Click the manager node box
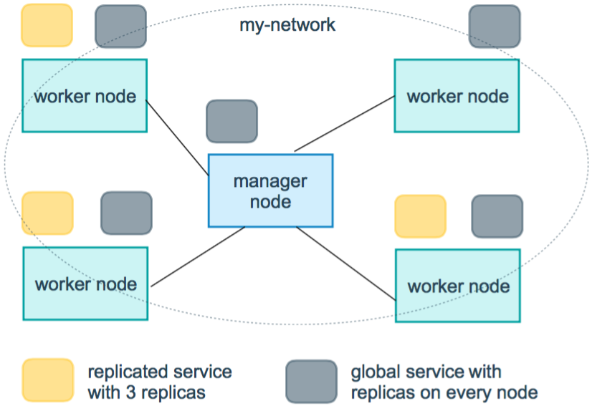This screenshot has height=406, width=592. (270, 190)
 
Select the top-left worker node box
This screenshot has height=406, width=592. (85, 95)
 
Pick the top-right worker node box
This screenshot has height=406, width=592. (457, 95)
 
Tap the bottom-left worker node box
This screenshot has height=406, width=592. (85, 284)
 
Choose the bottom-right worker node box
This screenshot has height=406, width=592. (457, 286)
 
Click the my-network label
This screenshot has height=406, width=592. (287, 25)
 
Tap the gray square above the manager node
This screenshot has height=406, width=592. (231, 121)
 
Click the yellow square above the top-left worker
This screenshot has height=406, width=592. (47, 25)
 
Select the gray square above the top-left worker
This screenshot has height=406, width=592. (120, 26)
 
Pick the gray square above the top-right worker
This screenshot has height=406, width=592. (495, 26)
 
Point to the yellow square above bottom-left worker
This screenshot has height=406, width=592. (47, 213)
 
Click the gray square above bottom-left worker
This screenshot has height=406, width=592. (126, 213)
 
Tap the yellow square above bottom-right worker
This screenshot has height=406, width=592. (420, 216)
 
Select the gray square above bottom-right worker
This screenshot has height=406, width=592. (497, 216)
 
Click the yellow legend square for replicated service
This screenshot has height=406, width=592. (47, 380)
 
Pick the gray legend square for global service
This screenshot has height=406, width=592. (311, 382)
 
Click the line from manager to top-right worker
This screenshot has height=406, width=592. (344, 124)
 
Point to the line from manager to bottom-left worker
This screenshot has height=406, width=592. (198, 256)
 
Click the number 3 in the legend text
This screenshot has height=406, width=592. (130, 393)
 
